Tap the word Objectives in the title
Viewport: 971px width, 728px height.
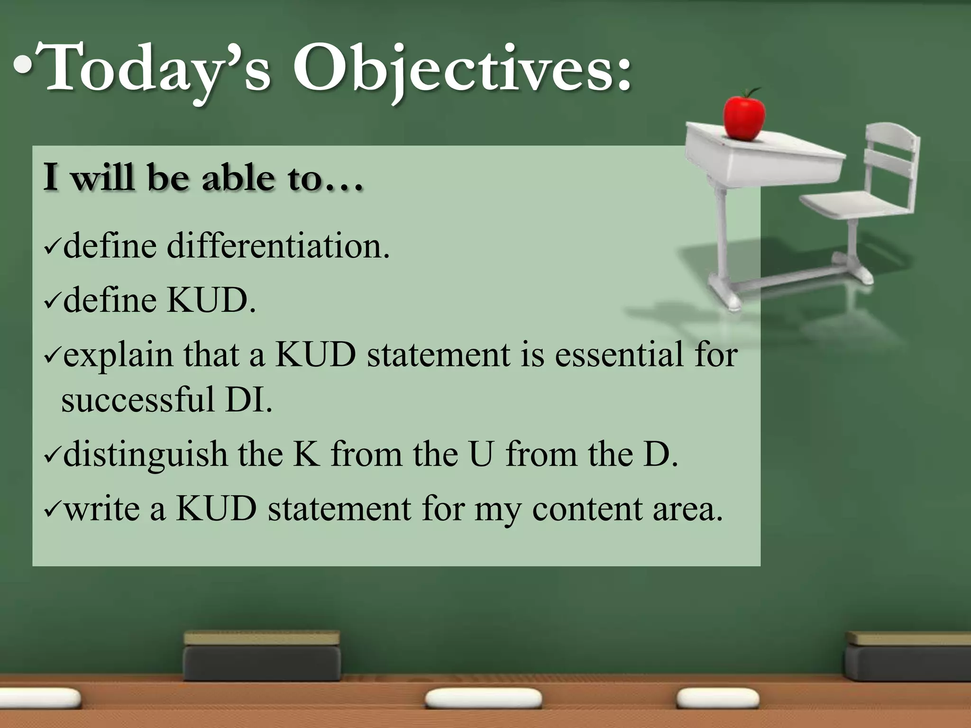[x=462, y=69]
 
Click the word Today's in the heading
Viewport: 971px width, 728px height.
[x=156, y=69]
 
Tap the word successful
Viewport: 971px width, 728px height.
[x=138, y=400]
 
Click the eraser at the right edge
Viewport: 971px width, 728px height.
[x=908, y=656]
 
